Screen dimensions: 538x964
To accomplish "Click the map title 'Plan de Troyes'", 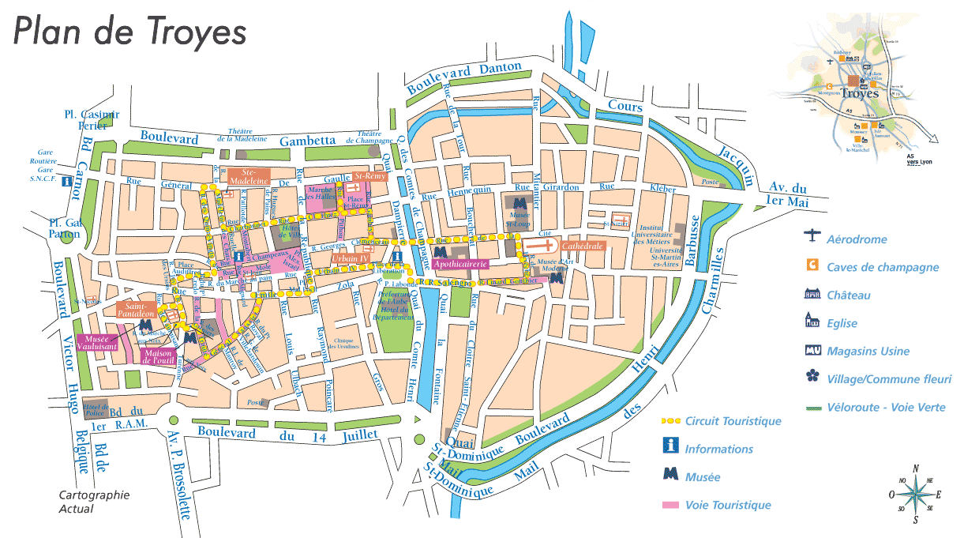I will point(130,32).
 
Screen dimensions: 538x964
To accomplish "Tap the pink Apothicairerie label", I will point(459,263).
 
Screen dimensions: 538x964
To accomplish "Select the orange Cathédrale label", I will point(583,246).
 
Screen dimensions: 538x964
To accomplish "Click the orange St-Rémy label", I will point(369,175).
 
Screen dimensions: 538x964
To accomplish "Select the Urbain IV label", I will point(351,258).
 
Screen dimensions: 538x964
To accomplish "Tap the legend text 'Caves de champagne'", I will point(883,267).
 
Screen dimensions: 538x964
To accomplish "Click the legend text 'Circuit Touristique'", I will point(733,421).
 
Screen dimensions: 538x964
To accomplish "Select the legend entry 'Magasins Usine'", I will point(868,352).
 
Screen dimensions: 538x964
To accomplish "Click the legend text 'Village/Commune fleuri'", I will point(889,379).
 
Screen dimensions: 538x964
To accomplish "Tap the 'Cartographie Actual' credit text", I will point(94,502).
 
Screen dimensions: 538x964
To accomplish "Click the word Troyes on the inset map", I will point(861,93).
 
